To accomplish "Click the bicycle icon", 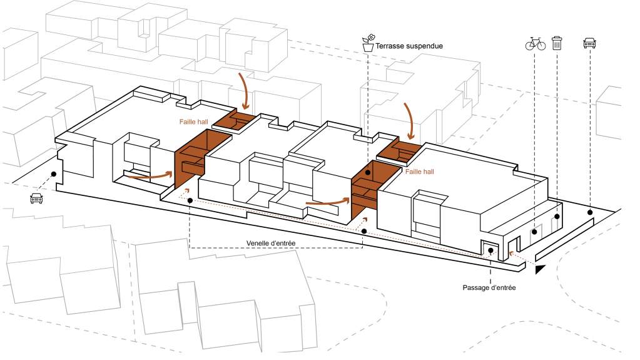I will click(535, 43).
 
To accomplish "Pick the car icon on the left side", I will click(36, 198).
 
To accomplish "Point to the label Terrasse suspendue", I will click(409, 46).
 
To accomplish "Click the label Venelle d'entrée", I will click(271, 242).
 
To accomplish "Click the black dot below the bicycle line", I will click(535, 231).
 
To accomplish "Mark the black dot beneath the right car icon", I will click(590, 213).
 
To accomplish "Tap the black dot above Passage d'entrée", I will click(491, 251).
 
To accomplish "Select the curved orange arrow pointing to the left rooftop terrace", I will click(245, 90).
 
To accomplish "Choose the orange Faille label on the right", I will click(420, 170).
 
